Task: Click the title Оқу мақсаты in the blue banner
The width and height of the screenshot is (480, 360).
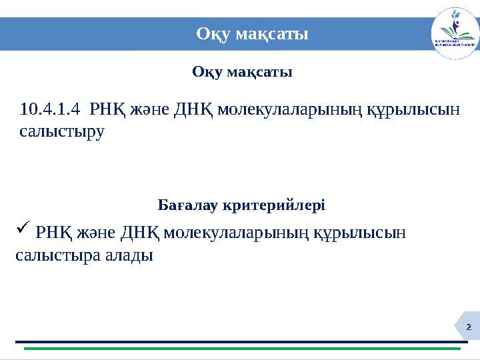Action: click(252, 34)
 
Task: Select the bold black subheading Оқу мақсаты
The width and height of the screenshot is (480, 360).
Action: click(242, 71)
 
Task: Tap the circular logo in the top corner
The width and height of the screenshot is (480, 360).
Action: click(455, 34)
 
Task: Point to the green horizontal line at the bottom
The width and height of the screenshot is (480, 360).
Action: click(242, 349)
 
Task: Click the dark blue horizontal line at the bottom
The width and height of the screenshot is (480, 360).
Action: click(242, 342)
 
